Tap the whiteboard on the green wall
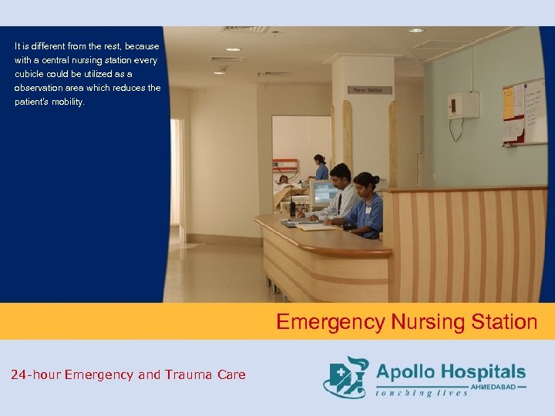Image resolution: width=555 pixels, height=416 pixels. click(524, 112)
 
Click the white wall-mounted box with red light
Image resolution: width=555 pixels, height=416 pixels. click(463, 105)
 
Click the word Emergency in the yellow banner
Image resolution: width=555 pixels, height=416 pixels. click(331, 321)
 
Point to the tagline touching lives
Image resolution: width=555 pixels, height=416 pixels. click(422, 393)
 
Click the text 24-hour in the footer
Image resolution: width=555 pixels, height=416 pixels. click(35, 375)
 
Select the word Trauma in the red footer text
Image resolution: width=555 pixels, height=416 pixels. click(182, 375)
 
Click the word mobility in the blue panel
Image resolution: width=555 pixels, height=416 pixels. click(68, 102)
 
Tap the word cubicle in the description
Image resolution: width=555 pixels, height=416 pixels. click(31, 74)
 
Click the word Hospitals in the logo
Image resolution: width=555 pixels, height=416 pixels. click(483, 372)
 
